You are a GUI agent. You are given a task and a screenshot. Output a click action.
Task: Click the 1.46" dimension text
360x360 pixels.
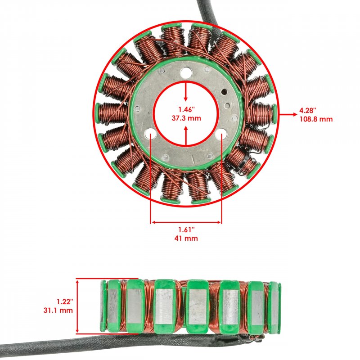[186, 109]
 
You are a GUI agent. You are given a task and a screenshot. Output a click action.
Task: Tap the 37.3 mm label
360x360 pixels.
[186, 118]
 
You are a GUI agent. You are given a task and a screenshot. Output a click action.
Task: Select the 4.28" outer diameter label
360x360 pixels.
[308, 110]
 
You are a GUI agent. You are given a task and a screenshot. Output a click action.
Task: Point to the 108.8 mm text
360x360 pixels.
[316, 119]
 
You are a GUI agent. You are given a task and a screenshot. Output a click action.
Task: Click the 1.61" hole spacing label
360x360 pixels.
[186, 229]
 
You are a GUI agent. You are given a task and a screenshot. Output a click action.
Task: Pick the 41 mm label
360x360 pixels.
[186, 238]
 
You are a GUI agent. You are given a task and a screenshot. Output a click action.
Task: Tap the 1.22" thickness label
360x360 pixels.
[65, 301]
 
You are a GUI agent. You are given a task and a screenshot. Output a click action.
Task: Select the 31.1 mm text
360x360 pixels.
[58, 310]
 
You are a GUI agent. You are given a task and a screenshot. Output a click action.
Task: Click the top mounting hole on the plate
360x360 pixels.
[186, 73]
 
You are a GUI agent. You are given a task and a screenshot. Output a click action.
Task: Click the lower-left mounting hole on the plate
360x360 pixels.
[150, 133]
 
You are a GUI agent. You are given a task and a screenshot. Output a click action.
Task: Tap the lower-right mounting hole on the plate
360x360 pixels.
[221, 133]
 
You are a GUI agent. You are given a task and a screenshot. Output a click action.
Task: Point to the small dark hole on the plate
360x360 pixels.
[223, 92]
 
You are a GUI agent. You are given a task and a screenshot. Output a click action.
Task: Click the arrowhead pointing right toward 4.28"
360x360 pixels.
[295, 114]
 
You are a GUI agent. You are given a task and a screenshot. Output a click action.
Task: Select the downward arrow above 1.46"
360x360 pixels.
[186, 91]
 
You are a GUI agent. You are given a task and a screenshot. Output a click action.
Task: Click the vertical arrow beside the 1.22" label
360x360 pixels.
[77, 306]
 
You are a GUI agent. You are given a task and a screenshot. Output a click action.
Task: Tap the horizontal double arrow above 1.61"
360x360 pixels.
[186, 222]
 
